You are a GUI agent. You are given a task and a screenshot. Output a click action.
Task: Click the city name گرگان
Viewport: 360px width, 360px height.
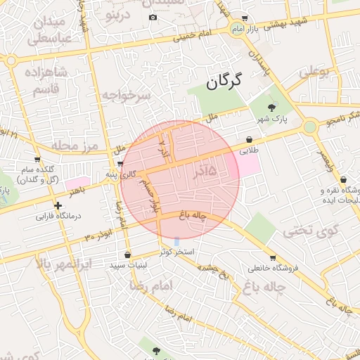point(224,82)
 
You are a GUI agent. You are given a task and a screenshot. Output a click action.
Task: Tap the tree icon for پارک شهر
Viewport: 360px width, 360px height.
point(272,108)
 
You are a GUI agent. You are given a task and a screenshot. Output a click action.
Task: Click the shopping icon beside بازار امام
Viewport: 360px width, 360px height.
point(244,18)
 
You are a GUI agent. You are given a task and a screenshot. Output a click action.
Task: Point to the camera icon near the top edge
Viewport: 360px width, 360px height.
point(153,18)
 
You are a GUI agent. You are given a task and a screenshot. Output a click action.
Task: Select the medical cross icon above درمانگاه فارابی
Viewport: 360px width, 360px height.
point(58,206)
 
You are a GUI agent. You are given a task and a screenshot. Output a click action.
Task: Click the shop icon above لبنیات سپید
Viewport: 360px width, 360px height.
point(127,255)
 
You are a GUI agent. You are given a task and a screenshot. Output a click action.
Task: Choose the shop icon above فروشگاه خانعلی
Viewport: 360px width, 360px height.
point(273,257)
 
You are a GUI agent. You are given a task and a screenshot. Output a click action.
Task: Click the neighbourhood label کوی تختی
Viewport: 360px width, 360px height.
point(311,229)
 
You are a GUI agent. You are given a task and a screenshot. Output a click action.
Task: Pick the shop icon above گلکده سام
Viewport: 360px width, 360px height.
point(37,160)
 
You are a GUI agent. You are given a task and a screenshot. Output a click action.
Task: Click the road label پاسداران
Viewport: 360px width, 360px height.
point(258,63)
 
